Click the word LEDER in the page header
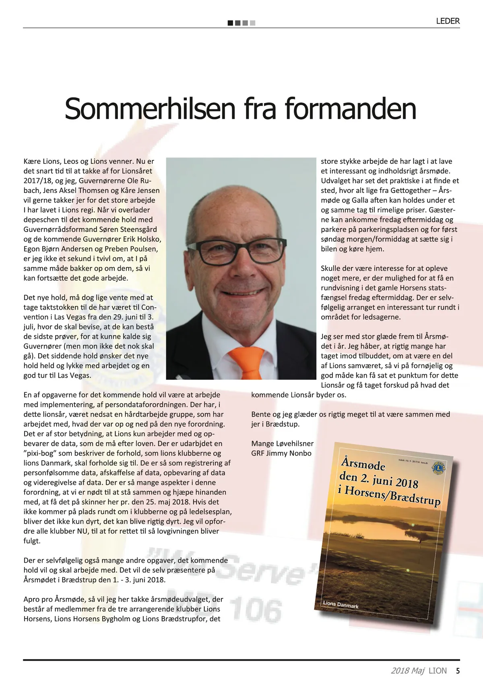pos(448,21)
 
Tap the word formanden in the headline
pos(350,109)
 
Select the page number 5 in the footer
pos(458,671)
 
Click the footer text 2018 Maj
pos(407,671)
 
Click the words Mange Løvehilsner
pos(282,443)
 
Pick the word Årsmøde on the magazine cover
pos(363,464)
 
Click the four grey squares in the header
pos(242,23)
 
